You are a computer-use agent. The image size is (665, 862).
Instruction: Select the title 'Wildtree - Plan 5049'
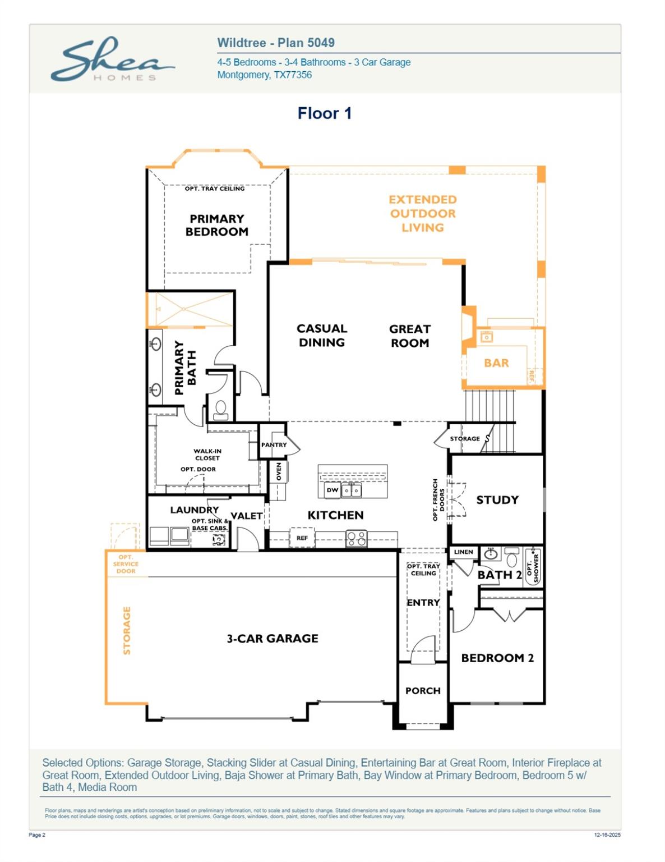[x=275, y=43]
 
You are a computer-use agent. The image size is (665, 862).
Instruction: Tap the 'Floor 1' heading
[x=324, y=113]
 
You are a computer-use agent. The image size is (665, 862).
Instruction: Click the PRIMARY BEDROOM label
[x=216, y=225]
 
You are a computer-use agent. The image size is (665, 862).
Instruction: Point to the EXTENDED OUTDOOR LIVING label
[x=423, y=214]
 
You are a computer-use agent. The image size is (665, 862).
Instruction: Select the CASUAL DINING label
[x=321, y=336]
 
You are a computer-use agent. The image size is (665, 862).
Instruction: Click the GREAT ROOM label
[x=409, y=336]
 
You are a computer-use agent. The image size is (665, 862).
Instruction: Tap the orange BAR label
[x=496, y=363]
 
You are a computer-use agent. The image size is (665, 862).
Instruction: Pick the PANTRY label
[x=274, y=445]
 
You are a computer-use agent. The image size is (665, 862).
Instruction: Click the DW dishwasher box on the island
[x=332, y=490]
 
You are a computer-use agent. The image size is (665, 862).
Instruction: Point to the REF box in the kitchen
[x=302, y=538]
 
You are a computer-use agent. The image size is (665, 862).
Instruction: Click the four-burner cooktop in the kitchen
[x=356, y=539]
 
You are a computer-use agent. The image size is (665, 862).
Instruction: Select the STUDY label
[x=497, y=500]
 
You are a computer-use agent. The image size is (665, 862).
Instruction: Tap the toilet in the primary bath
[x=220, y=410]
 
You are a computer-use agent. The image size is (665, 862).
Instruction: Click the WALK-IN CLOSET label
[x=207, y=455]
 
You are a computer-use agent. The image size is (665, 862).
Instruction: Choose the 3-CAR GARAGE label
[x=272, y=639]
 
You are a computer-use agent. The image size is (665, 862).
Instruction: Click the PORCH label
[x=423, y=691]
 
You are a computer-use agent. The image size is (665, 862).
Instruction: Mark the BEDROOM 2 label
[x=497, y=658]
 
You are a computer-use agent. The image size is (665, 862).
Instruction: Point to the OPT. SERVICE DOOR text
[x=126, y=564]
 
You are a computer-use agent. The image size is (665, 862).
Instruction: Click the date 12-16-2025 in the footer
[x=607, y=835]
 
